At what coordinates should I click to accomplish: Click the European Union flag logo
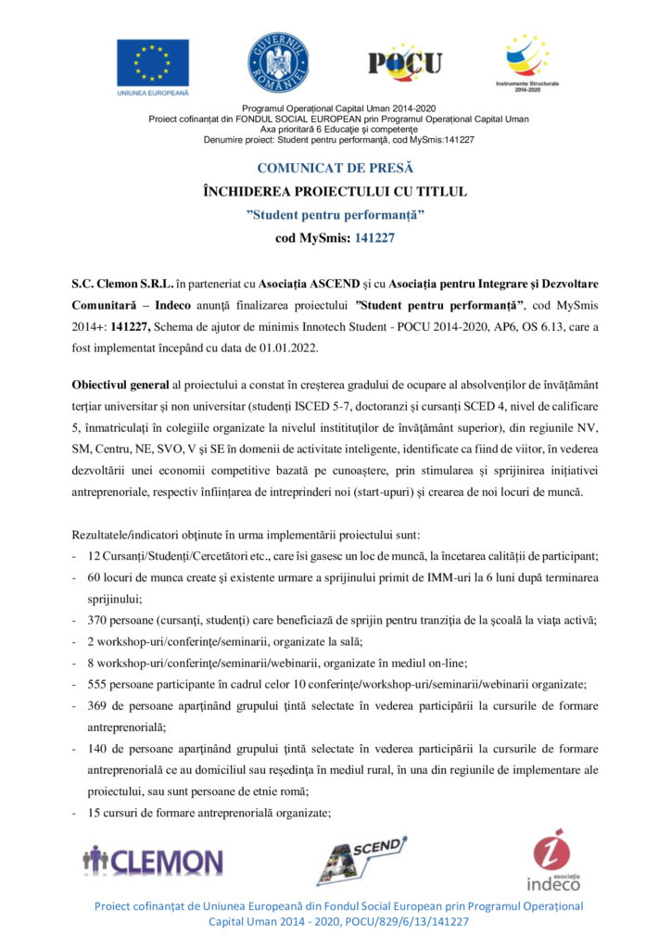pyautogui.click(x=152, y=63)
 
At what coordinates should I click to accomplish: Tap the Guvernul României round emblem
pyautogui.click(x=277, y=62)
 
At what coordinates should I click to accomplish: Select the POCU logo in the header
pyautogui.click(x=405, y=63)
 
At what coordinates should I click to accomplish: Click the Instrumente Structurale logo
pyautogui.click(x=526, y=61)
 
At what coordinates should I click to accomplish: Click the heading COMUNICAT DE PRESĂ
pyautogui.click(x=335, y=169)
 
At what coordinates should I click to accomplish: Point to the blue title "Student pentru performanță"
pyautogui.click(x=335, y=214)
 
